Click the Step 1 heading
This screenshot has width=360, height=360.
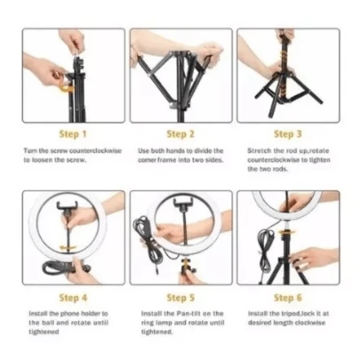[73, 134]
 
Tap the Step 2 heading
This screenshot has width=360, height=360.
[180, 134]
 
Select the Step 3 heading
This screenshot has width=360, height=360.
[288, 134]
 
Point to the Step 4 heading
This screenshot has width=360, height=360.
[73, 298]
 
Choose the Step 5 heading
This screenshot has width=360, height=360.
[180, 298]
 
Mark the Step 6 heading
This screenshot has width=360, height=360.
[288, 298]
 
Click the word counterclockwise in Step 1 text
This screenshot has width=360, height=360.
[95, 151]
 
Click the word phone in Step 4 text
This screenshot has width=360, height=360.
[70, 314]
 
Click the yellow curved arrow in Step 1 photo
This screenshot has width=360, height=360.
[68, 88]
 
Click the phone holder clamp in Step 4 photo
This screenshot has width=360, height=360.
[67, 205]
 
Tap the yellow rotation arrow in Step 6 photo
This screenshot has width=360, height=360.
[286, 233]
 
